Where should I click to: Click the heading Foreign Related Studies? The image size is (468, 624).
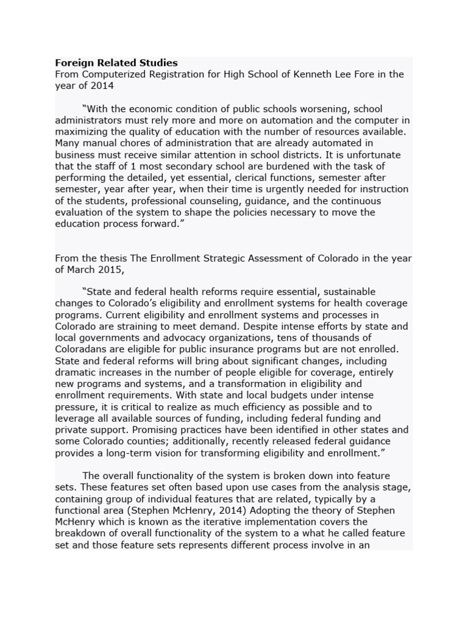(116, 63)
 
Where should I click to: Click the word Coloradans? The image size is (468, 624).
(82, 350)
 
